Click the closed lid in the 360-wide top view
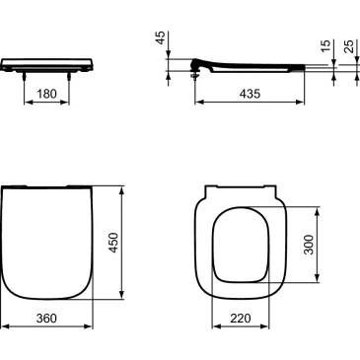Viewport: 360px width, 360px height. [47, 242]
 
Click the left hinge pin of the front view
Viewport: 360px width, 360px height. [24, 74]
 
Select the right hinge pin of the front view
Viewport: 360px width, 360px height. [70, 74]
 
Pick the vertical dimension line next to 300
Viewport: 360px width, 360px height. [317, 246]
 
